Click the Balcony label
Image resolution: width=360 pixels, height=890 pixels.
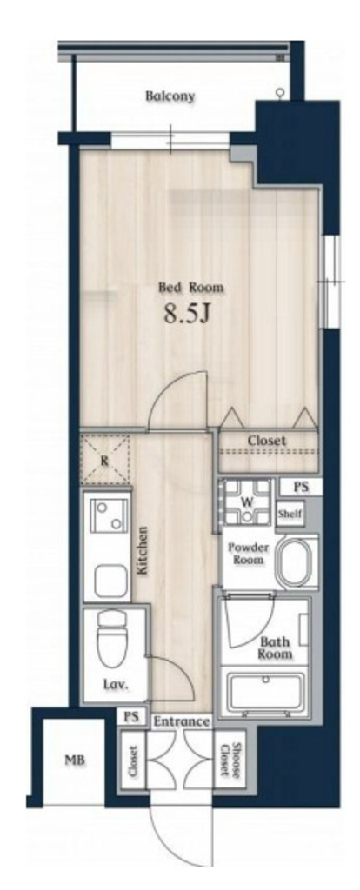coord(170,96)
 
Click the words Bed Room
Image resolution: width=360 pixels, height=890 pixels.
coord(190,288)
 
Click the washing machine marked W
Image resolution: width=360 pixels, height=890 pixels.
coord(246,502)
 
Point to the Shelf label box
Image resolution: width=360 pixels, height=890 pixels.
coord(290,515)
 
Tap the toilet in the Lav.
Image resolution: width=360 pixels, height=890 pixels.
coord(110,637)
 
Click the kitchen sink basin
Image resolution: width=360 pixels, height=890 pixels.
coord(110,580)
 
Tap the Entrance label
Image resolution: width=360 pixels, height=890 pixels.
coord(182,722)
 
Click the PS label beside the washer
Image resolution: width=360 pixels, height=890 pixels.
coord(300,486)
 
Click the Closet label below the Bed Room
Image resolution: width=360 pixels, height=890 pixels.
coord(266,441)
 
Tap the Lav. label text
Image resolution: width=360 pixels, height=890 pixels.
coord(116,685)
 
